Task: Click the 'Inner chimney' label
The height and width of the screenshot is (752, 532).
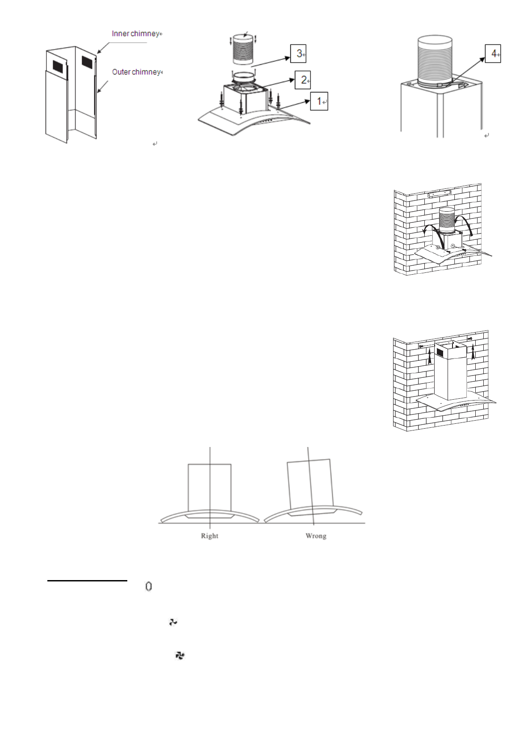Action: point(135,34)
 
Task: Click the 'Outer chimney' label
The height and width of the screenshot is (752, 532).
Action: point(136,72)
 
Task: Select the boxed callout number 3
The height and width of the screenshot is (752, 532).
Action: point(298,54)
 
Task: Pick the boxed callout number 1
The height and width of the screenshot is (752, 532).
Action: point(319,101)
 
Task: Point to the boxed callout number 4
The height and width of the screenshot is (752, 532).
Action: point(493,54)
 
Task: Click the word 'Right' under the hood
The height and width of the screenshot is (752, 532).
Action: point(209,536)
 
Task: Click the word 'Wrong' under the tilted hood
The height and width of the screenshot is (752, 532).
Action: point(316,536)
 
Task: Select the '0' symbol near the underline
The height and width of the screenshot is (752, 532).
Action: point(149,586)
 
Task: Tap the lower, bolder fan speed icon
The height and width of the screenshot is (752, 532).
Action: point(180,656)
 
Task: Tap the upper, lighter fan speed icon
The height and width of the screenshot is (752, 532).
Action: point(173,622)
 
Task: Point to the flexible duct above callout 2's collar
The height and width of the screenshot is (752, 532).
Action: point(243,50)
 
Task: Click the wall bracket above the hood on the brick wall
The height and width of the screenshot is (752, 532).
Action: point(439,194)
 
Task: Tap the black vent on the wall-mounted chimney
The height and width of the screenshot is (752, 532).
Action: point(440,352)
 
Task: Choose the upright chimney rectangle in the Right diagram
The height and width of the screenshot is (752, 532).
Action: point(209,487)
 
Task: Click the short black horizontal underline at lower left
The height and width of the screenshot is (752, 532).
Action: point(87,581)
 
